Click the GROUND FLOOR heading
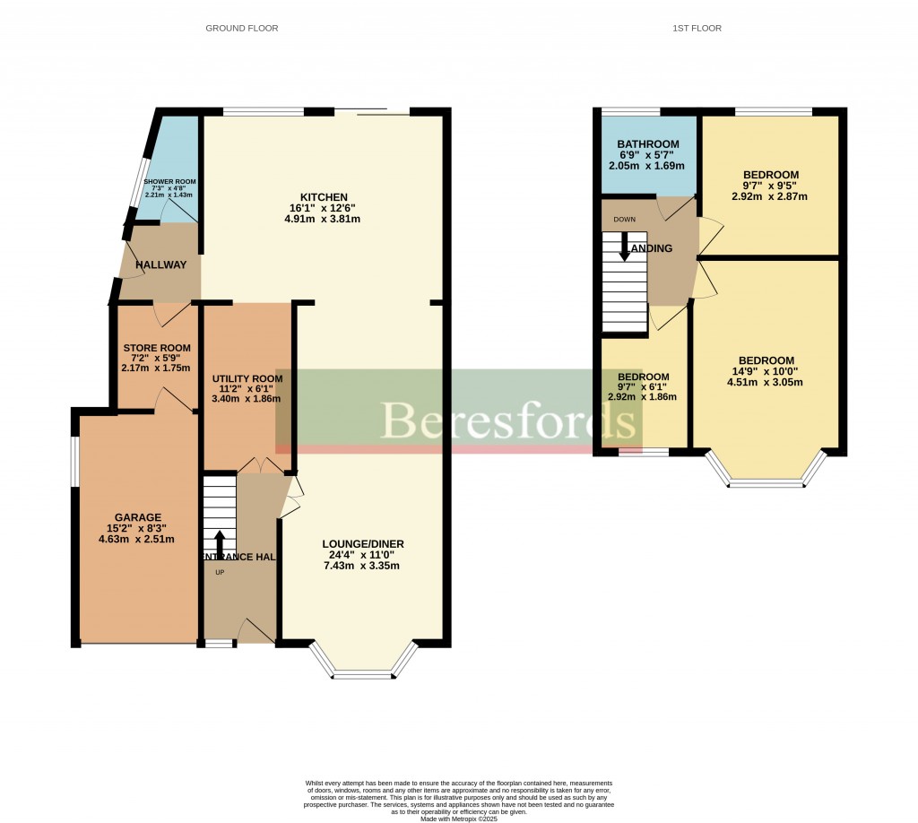click(242, 29)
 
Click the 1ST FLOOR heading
click(697, 29)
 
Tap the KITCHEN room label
click(324, 197)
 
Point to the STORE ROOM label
click(157, 348)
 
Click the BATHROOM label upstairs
click(647, 144)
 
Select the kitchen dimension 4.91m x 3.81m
click(324, 219)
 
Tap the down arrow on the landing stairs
click(625, 247)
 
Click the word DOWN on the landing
click(625, 219)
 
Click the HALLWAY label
click(160, 264)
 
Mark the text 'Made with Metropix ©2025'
click(458, 818)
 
